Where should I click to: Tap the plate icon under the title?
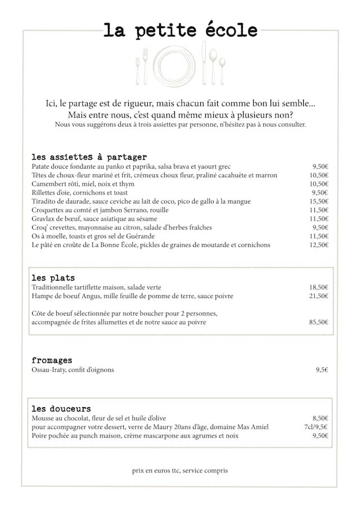click(x=174, y=66)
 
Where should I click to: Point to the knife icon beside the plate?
click(x=204, y=63)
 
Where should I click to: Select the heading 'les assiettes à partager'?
click(x=89, y=157)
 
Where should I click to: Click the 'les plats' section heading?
click(x=53, y=278)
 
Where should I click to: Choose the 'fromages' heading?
click(x=52, y=360)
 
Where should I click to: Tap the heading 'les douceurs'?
click(x=61, y=408)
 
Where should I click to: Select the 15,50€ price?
click(x=319, y=201)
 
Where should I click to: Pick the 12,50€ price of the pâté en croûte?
click(x=319, y=245)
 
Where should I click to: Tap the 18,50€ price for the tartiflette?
click(x=319, y=287)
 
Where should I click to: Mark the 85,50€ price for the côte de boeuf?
click(x=319, y=322)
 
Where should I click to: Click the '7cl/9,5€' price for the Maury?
click(x=316, y=427)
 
